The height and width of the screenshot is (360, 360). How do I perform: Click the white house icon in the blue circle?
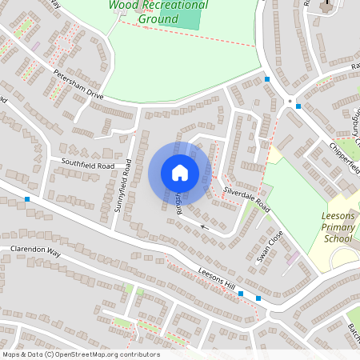(x=180, y=172)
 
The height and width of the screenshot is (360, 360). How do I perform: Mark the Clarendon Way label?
(x=35, y=250)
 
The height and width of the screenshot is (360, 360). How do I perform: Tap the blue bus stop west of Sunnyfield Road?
(x=28, y=198)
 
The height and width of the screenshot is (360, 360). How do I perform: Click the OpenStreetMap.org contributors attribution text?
(x=107, y=354)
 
